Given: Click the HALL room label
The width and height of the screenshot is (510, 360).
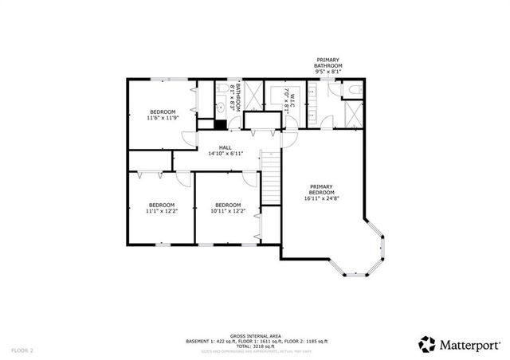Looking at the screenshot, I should coord(226,147).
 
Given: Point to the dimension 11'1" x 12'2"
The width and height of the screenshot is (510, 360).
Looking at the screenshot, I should coord(162,211).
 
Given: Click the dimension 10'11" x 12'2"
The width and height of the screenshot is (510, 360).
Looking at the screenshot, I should coord(228,211).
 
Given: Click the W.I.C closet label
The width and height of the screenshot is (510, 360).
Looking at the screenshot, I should coord(292,101).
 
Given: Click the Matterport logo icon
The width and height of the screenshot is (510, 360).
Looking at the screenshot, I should coord(427,343).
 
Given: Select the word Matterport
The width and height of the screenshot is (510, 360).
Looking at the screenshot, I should coord(469,344).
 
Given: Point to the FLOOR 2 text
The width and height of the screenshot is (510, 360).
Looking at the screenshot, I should coord(22,350).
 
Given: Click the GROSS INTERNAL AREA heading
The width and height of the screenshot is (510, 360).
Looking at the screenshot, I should coord(255,336).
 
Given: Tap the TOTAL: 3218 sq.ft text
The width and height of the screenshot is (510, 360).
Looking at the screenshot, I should coord(255,346).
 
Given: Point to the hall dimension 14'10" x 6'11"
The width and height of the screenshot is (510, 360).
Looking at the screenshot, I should coord(226,154).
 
